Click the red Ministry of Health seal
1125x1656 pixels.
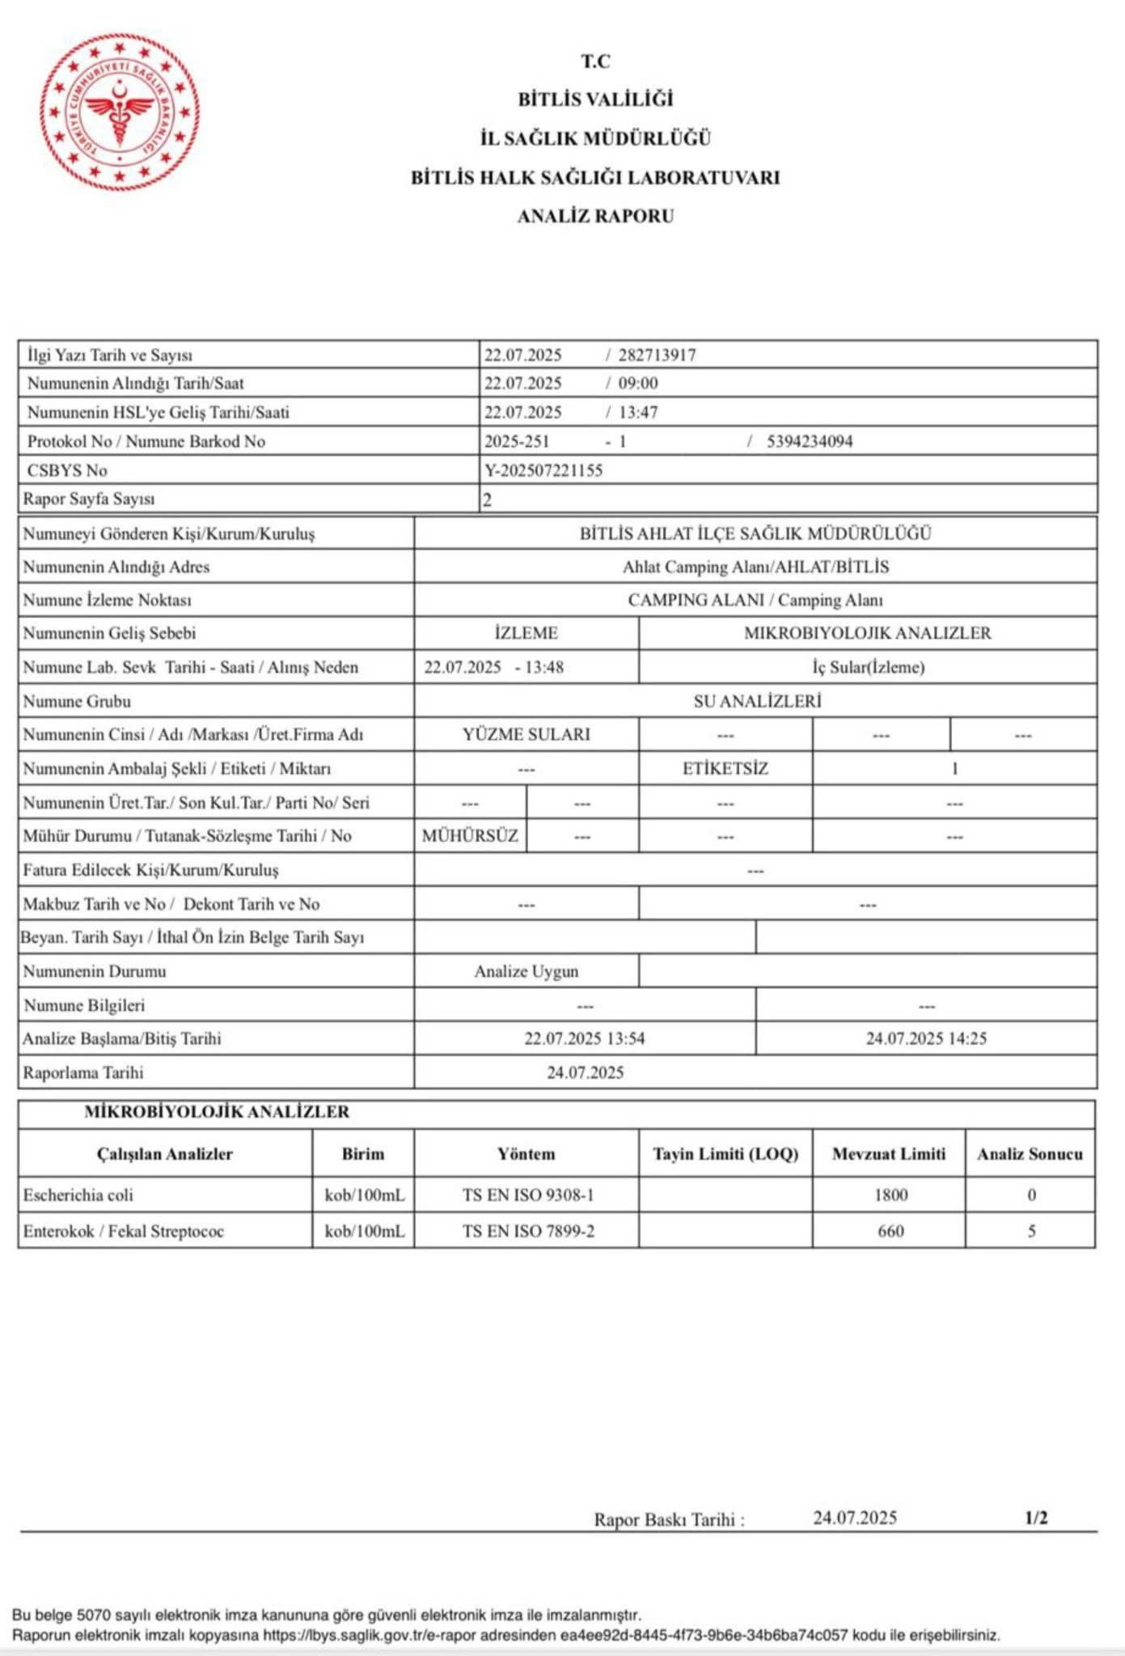120,112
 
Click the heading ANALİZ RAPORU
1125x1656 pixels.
595,216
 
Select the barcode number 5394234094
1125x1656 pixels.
810,441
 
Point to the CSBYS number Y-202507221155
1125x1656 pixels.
543,471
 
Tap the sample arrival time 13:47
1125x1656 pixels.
638,412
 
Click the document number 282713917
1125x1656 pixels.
657,355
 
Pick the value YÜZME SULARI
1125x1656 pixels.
527,734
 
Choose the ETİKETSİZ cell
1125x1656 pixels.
725,768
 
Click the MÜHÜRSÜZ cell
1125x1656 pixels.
470,835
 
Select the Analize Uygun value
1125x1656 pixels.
527,971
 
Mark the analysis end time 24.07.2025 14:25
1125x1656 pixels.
926,1038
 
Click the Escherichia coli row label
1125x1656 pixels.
78,1195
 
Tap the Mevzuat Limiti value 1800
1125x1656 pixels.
890,1195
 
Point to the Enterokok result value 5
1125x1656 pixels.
1031,1231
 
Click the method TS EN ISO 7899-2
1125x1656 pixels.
528,1231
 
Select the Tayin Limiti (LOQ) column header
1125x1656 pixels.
725,1154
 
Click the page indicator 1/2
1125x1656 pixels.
1036,1518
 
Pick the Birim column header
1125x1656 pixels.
363,1154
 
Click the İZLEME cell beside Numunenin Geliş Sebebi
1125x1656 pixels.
526,633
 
